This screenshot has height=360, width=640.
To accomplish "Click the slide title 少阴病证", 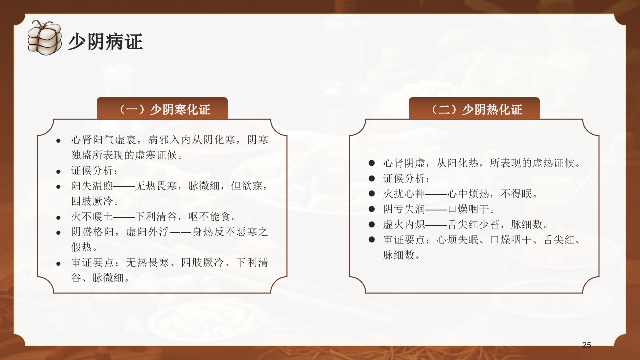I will [x=105, y=42].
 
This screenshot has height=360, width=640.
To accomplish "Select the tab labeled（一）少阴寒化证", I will [x=162, y=109].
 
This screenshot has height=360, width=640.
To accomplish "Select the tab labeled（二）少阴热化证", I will [x=474, y=109].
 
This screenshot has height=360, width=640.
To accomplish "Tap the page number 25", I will [x=587, y=345].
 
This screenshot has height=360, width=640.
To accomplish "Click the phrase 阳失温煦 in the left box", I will [x=92, y=186].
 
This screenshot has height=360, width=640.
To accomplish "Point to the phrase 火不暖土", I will [x=92, y=217].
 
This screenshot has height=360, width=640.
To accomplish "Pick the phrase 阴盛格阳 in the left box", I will [x=92, y=232].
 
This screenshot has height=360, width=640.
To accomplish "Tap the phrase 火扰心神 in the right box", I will [x=404, y=194].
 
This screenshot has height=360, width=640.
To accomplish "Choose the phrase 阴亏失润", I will [x=404, y=209].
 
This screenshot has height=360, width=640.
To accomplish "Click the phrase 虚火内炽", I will [x=404, y=224].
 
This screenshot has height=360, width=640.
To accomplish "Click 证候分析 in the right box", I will [x=404, y=179].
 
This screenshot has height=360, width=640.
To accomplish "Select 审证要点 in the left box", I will [x=92, y=262].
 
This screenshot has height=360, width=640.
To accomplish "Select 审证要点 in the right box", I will [x=404, y=240].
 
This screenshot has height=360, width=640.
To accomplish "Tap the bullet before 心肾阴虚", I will [x=371, y=163].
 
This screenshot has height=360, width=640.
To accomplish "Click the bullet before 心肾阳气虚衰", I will [x=59, y=141].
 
